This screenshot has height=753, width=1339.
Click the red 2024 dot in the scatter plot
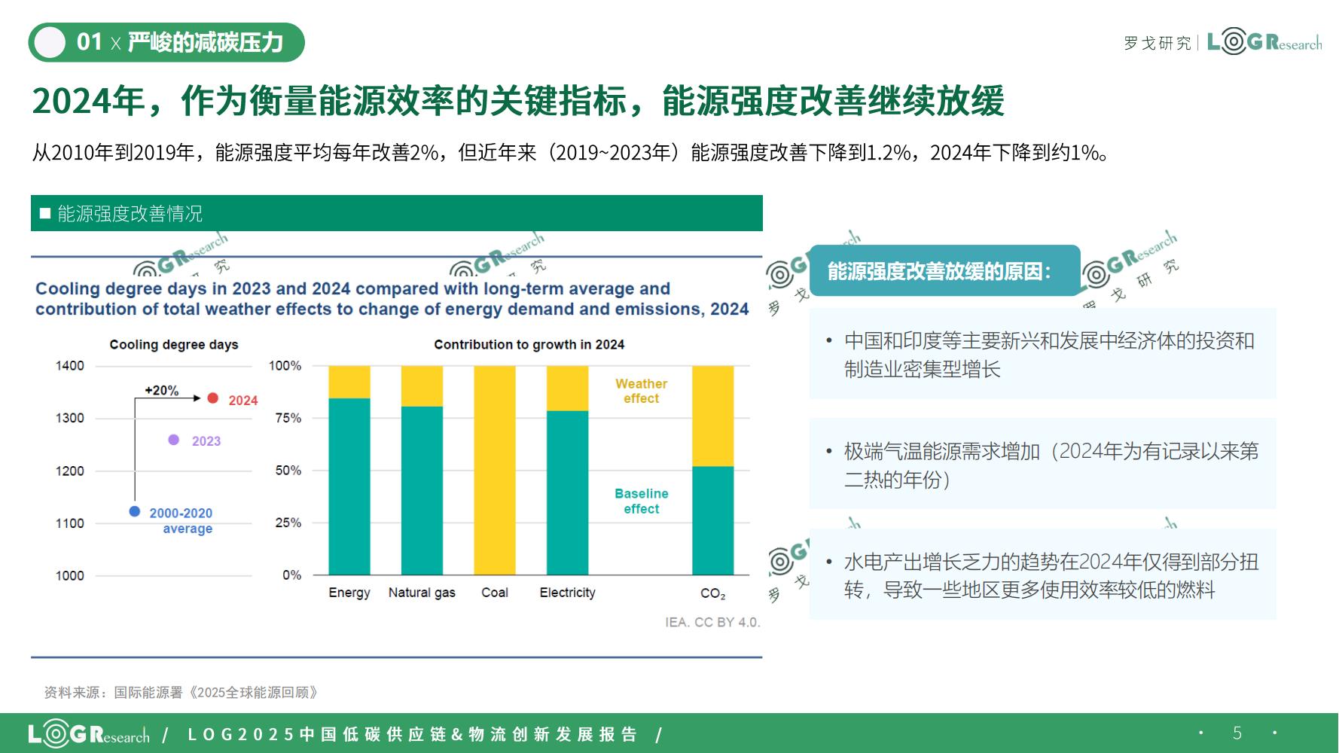pyautogui.click(x=213, y=398)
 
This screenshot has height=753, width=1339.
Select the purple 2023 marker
pyautogui.click(x=174, y=440)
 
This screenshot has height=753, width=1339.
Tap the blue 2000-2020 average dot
pyautogui.click(x=135, y=511)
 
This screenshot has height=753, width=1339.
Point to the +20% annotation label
pyautogui.click(x=162, y=390)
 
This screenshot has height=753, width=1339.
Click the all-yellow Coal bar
pyautogui.click(x=495, y=471)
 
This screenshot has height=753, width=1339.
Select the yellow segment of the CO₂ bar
pyautogui.click(x=713, y=416)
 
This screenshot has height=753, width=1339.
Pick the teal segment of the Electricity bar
pyautogui.click(x=568, y=493)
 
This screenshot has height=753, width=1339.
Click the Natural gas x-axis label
pyautogui.click(x=422, y=593)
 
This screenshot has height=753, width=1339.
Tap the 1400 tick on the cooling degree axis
pyautogui.click(x=70, y=366)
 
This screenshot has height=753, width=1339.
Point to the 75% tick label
pyautogui.click(x=288, y=418)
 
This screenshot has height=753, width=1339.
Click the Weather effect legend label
pyautogui.click(x=642, y=391)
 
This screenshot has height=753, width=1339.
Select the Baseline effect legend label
pyautogui.click(x=642, y=501)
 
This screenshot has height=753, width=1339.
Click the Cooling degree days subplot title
pyautogui.click(x=174, y=345)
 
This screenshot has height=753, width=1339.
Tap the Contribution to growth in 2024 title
pyautogui.click(x=529, y=345)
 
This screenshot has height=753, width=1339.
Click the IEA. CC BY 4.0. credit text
pyautogui.click(x=713, y=623)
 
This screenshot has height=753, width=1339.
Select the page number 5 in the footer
pyautogui.click(x=1237, y=733)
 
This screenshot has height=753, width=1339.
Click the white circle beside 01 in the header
pyautogui.click(x=50, y=42)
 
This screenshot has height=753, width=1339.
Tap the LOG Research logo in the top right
pyautogui.click(x=1264, y=42)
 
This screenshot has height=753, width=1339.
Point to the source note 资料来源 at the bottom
pyautogui.click(x=181, y=692)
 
